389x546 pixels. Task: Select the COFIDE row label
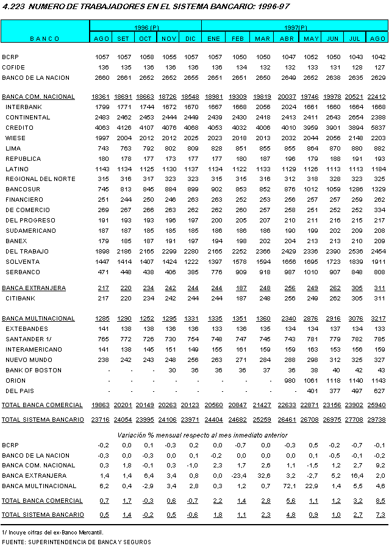13,68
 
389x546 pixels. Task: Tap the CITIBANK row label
21,298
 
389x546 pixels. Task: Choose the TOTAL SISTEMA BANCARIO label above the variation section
43,419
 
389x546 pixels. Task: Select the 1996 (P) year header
146,28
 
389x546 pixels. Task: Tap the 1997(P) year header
295,28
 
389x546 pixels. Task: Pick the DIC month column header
191,38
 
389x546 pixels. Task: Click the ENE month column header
213,38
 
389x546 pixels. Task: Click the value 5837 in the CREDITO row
379,127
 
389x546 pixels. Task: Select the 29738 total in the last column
379,420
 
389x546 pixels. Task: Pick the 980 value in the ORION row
290,381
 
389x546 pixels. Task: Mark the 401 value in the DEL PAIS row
312,391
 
